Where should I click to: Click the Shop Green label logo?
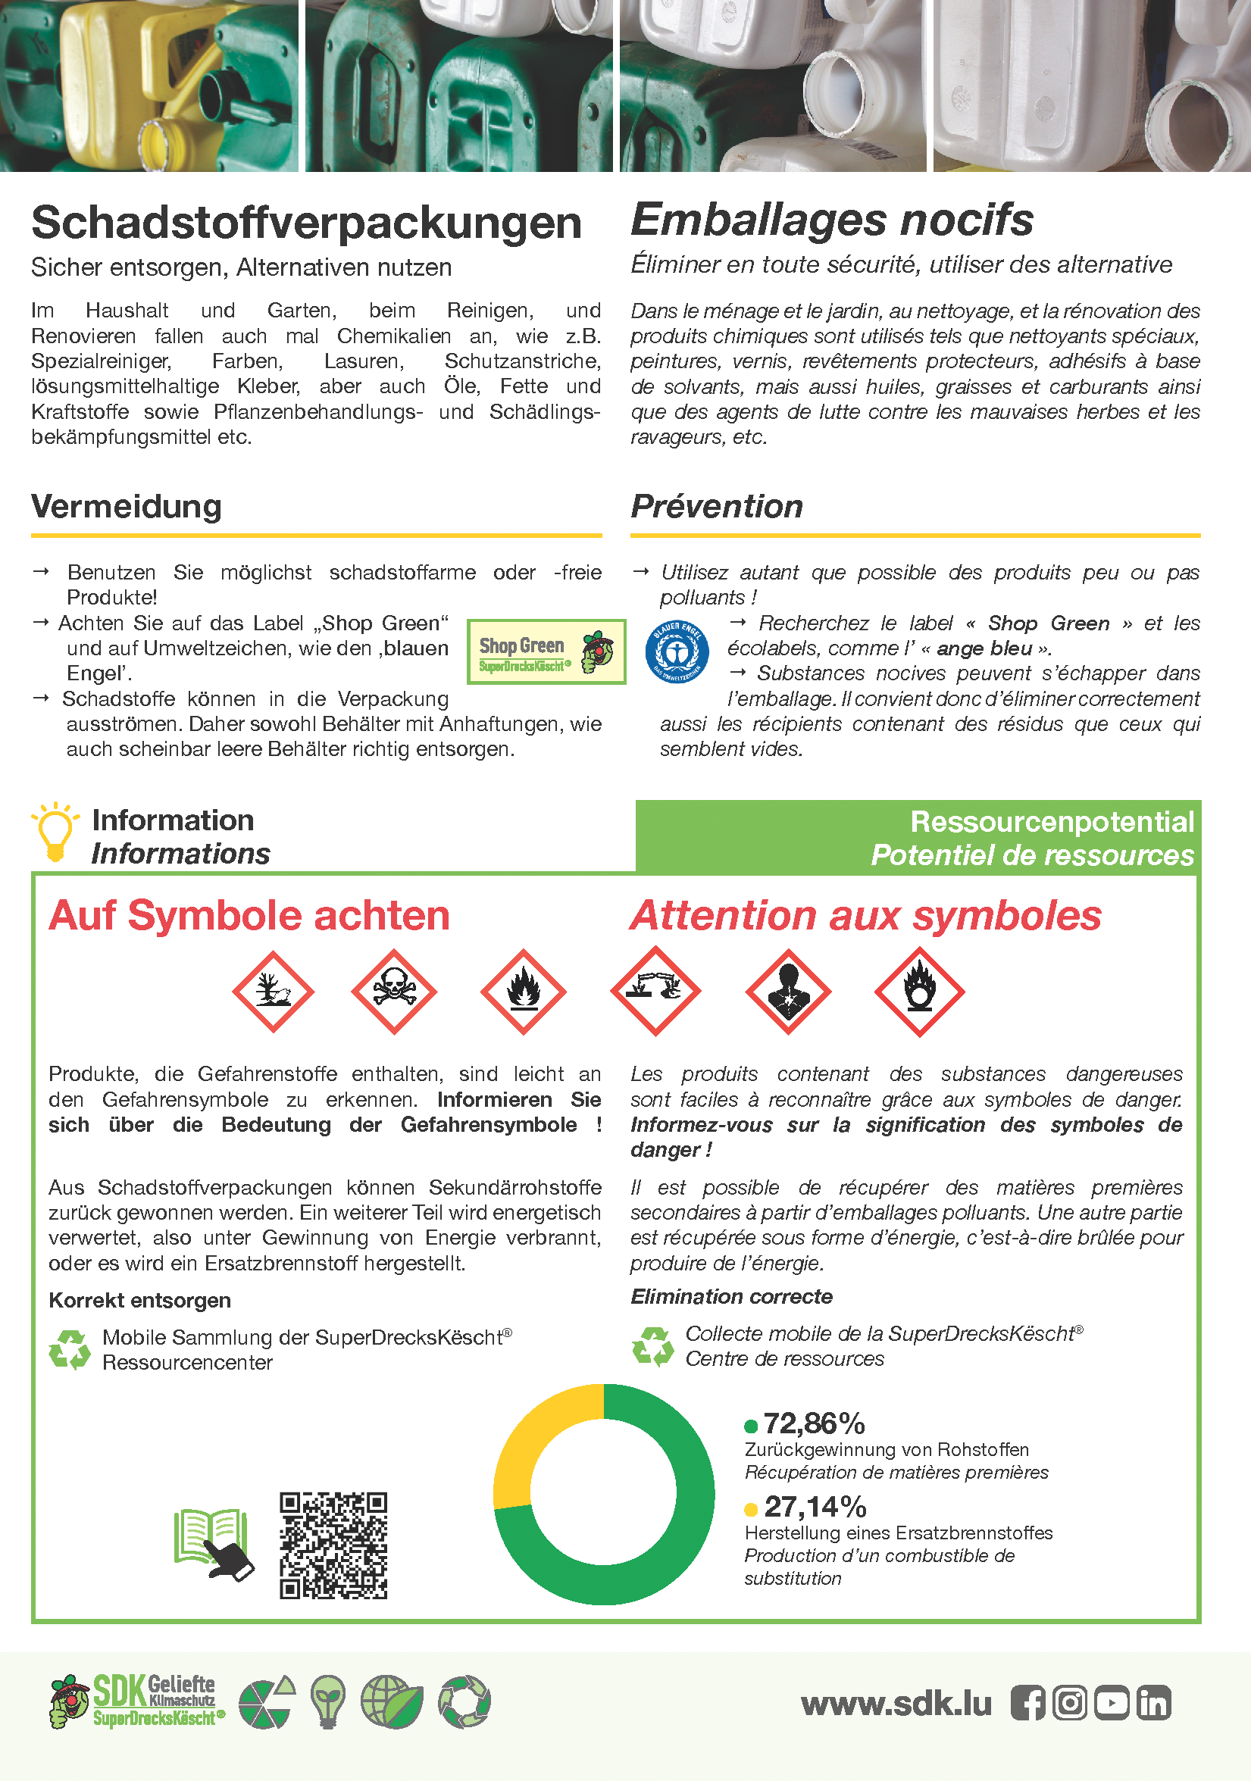(546, 651)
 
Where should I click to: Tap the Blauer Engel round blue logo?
(677, 651)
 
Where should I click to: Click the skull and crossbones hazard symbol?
(394, 991)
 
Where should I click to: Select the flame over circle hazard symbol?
(919, 991)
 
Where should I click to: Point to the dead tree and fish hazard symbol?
(274, 991)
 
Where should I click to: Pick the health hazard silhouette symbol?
(788, 991)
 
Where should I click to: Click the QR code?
(333, 1545)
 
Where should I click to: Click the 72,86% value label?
(813, 1423)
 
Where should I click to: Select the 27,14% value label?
(814, 1507)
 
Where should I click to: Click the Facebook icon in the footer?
(1027, 1704)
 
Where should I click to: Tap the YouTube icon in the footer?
(1112, 1704)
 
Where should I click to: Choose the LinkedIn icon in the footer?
(1153, 1704)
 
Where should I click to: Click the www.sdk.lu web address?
(896, 1704)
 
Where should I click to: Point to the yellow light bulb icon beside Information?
(55, 832)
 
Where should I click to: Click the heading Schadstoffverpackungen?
(307, 223)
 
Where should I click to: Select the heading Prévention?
(716, 506)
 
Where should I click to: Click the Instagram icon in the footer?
(1069, 1704)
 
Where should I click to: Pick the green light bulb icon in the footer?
(327, 1702)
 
